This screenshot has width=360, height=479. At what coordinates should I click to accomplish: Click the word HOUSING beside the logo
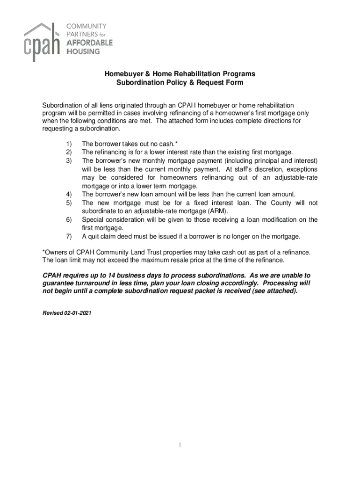83,51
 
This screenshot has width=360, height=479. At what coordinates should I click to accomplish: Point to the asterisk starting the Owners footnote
44,252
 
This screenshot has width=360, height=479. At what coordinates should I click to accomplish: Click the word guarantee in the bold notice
58,283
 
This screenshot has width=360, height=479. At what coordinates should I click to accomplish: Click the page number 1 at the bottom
180,445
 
